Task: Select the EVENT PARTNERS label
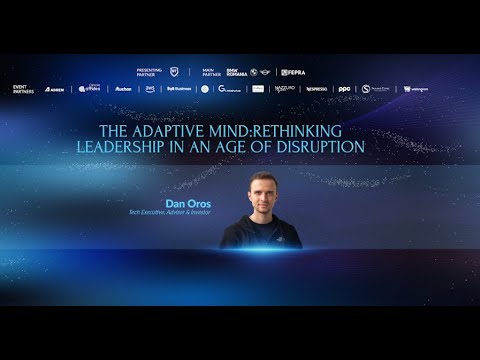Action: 24,88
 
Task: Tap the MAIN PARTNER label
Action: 211,72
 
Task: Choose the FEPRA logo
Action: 293,72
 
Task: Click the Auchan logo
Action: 123,88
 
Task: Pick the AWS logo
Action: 150,88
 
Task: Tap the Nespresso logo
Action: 316,88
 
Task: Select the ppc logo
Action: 344,88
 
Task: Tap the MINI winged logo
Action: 266,72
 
